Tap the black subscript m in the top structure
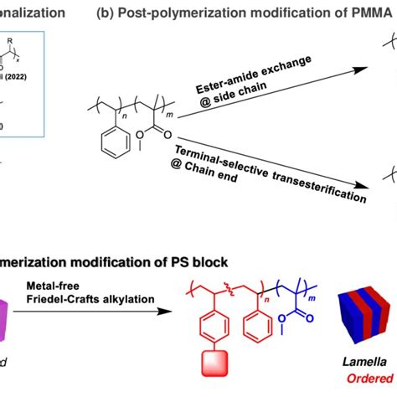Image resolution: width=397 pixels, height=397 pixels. (x=192, y=106)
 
